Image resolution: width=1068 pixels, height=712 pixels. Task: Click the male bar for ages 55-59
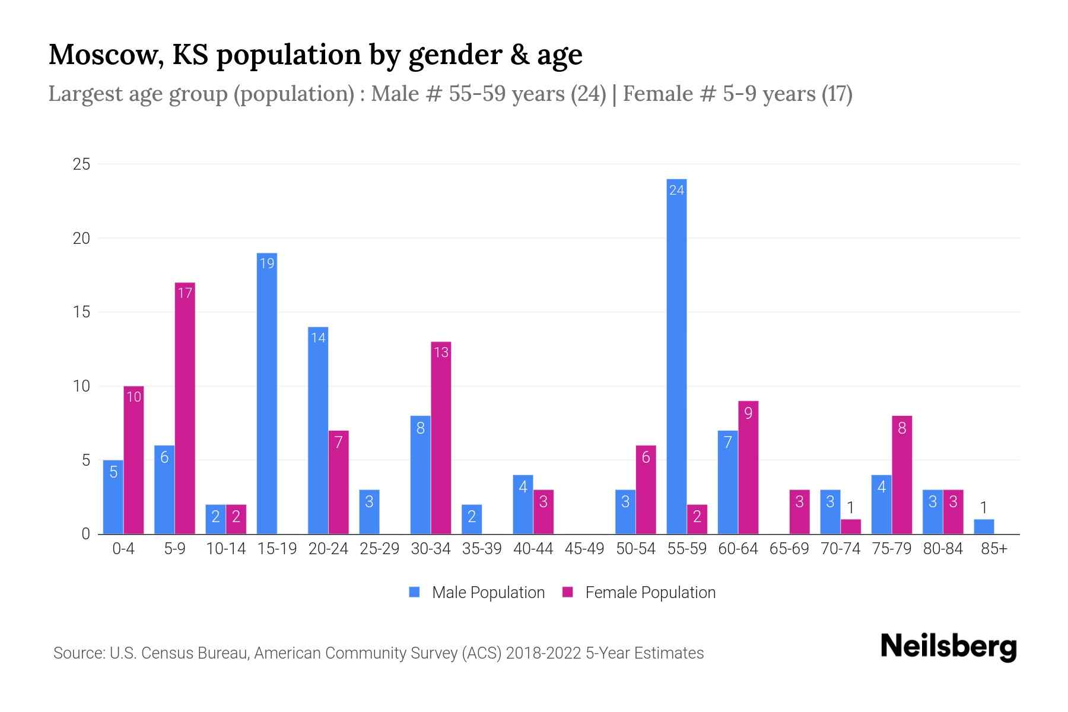click(x=676, y=356)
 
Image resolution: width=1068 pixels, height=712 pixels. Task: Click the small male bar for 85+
click(x=984, y=527)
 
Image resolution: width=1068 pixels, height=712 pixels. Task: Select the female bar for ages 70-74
click(x=850, y=527)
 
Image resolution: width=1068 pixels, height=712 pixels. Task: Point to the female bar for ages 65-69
click(x=799, y=512)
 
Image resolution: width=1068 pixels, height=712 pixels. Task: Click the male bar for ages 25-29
click(x=369, y=512)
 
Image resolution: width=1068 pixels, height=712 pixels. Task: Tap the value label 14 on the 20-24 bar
click(x=318, y=338)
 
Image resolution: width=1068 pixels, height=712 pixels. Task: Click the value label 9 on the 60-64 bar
click(x=748, y=412)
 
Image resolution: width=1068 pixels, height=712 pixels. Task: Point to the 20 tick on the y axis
click(x=81, y=238)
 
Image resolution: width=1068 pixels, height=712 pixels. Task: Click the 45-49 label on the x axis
click(x=584, y=549)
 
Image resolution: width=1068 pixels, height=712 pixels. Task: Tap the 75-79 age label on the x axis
click(x=891, y=549)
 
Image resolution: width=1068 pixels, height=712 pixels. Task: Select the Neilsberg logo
click(x=948, y=647)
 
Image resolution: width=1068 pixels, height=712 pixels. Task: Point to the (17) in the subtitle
click(x=837, y=94)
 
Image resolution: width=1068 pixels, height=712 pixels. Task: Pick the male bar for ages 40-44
click(x=523, y=504)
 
